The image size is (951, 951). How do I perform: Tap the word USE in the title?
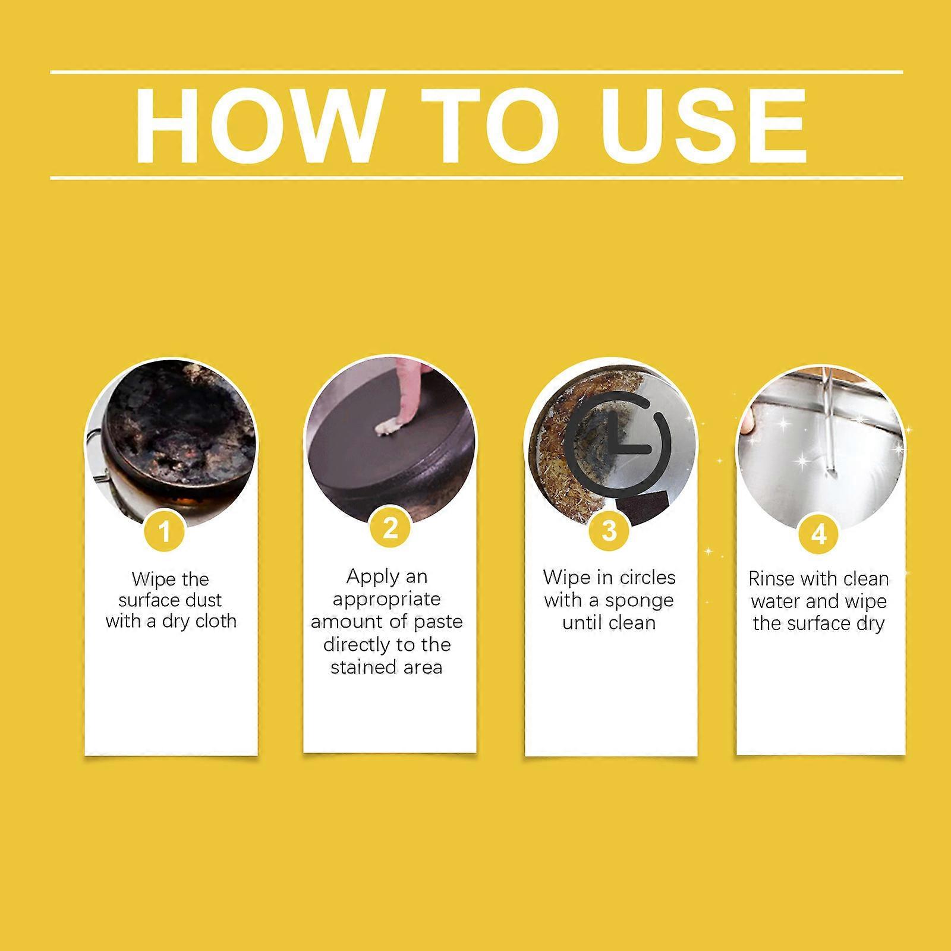point(704,126)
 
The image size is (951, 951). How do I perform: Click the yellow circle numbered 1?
point(165,530)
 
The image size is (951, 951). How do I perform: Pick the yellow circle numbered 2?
point(390,528)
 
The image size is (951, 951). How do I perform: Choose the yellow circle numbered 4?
point(819,533)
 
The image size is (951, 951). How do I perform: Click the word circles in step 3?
point(647,577)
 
